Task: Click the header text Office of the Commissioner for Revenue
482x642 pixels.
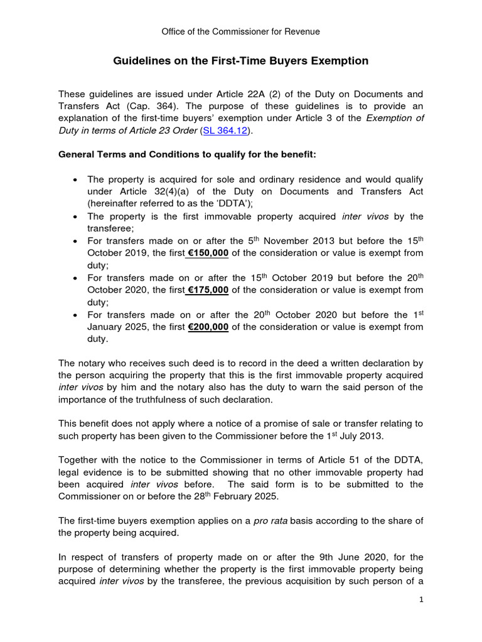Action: pos(241,31)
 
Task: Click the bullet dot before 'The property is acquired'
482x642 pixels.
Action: pos(75,179)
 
